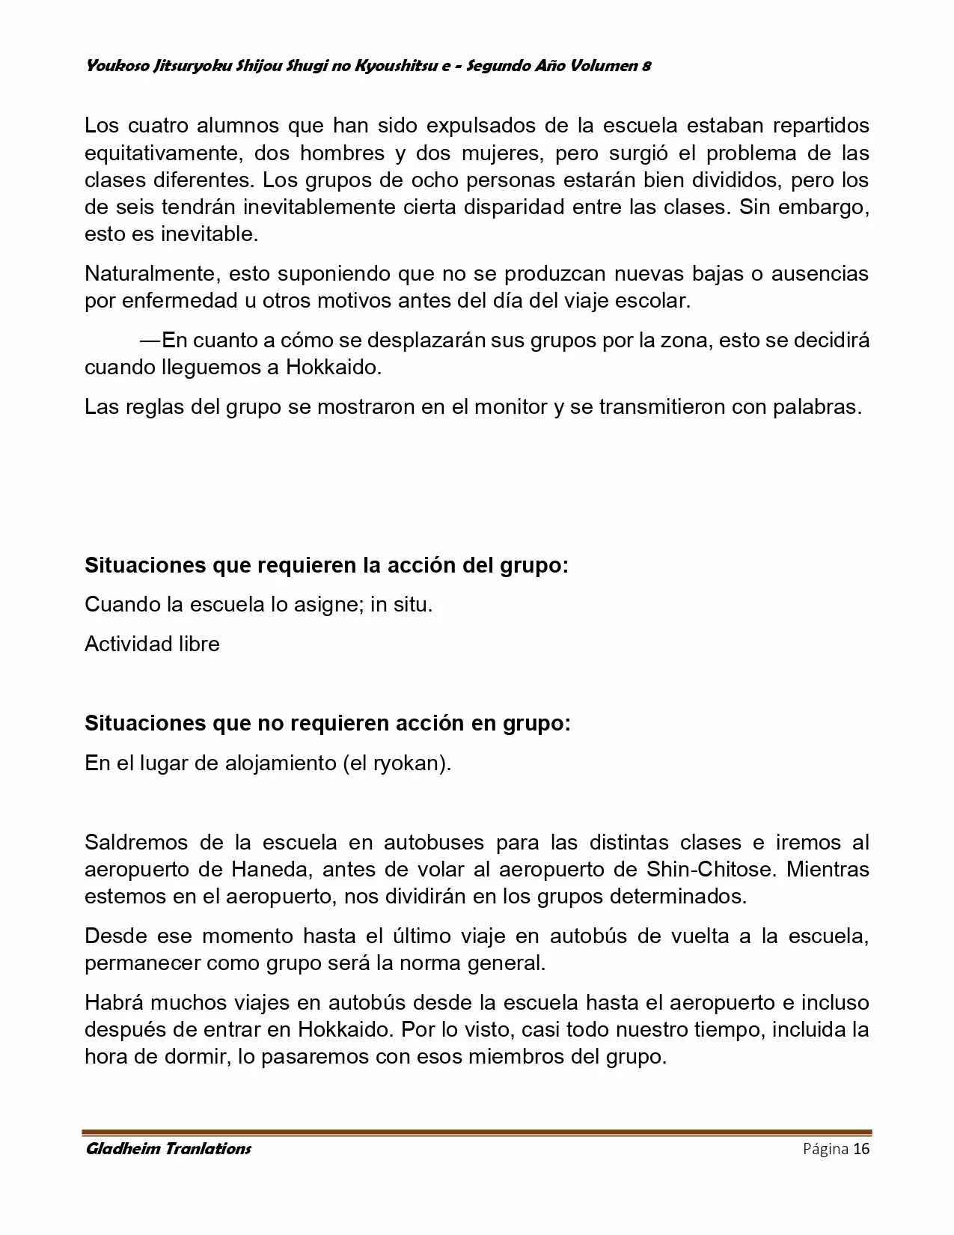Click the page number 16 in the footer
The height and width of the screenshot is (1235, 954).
861,1149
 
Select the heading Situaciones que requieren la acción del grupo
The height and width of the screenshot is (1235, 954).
326,565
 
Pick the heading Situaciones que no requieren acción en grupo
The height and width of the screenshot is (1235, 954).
327,724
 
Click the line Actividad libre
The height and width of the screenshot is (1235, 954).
152,644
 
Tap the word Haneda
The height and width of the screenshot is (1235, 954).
269,870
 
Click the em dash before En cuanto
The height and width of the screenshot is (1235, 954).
150,341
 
